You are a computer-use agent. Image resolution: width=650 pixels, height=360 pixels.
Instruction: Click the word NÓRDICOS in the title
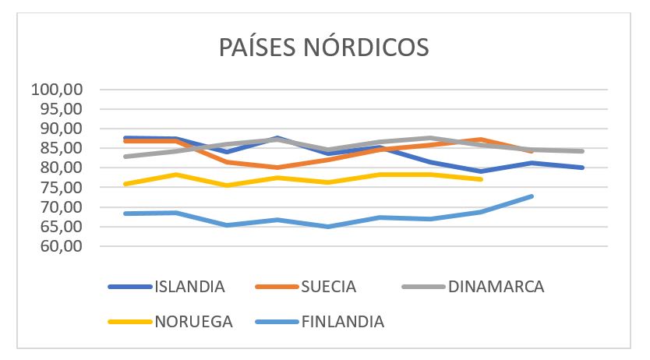pyautogui.click(x=372, y=46)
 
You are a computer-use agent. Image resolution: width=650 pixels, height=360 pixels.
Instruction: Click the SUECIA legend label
pyautogui.click(x=329, y=286)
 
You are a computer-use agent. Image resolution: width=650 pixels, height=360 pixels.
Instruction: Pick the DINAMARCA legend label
pyautogui.click(x=496, y=286)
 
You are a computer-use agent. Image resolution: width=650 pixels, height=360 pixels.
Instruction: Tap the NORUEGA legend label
pyautogui.click(x=194, y=321)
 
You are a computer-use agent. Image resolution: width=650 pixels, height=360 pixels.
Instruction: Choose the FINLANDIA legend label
pyautogui.click(x=343, y=321)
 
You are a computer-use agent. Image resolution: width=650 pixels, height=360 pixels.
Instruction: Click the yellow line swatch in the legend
pyautogui.click(x=130, y=321)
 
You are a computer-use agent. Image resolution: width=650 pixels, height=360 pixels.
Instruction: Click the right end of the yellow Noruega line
pyautogui.click(x=482, y=179)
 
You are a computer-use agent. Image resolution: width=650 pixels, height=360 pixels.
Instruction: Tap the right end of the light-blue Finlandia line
pyautogui.click(x=532, y=196)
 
